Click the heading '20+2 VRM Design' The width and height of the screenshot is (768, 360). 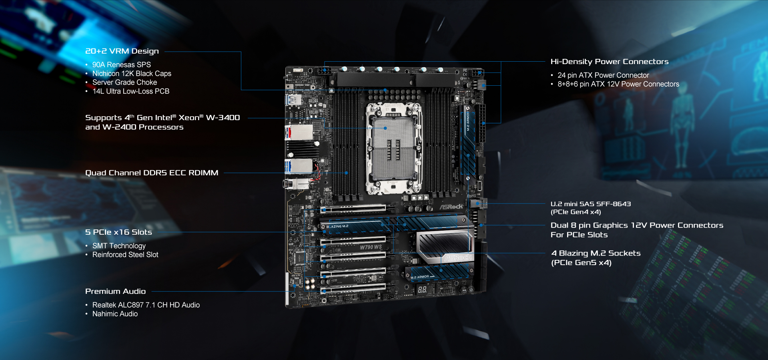click(x=122, y=51)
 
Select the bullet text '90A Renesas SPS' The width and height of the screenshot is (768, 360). click(x=121, y=65)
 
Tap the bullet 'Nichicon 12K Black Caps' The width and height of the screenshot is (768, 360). click(x=132, y=74)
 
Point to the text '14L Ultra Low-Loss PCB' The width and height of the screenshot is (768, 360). click(x=131, y=91)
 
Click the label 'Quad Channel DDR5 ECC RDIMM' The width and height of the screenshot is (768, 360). click(x=152, y=173)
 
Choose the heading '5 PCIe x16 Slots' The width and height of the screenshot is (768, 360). click(x=118, y=232)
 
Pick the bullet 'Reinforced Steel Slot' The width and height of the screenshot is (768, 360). click(x=125, y=255)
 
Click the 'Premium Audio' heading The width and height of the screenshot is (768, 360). click(x=115, y=292)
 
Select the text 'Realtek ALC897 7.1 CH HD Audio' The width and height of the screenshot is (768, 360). click(x=146, y=305)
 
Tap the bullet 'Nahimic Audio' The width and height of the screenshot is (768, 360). click(x=115, y=314)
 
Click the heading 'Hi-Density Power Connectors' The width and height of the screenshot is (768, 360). click(x=609, y=62)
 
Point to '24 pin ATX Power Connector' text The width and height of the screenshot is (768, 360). click(x=603, y=75)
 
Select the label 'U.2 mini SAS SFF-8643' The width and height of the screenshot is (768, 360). click(x=591, y=204)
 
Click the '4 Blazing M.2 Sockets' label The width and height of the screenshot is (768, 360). click(x=596, y=253)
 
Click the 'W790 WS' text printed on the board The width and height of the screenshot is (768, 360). click(x=371, y=247)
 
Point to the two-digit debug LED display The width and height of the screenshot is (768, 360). click(x=422, y=289)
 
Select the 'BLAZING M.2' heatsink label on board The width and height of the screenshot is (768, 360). click(x=337, y=227)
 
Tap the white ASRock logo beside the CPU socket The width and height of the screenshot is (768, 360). click(x=451, y=207)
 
